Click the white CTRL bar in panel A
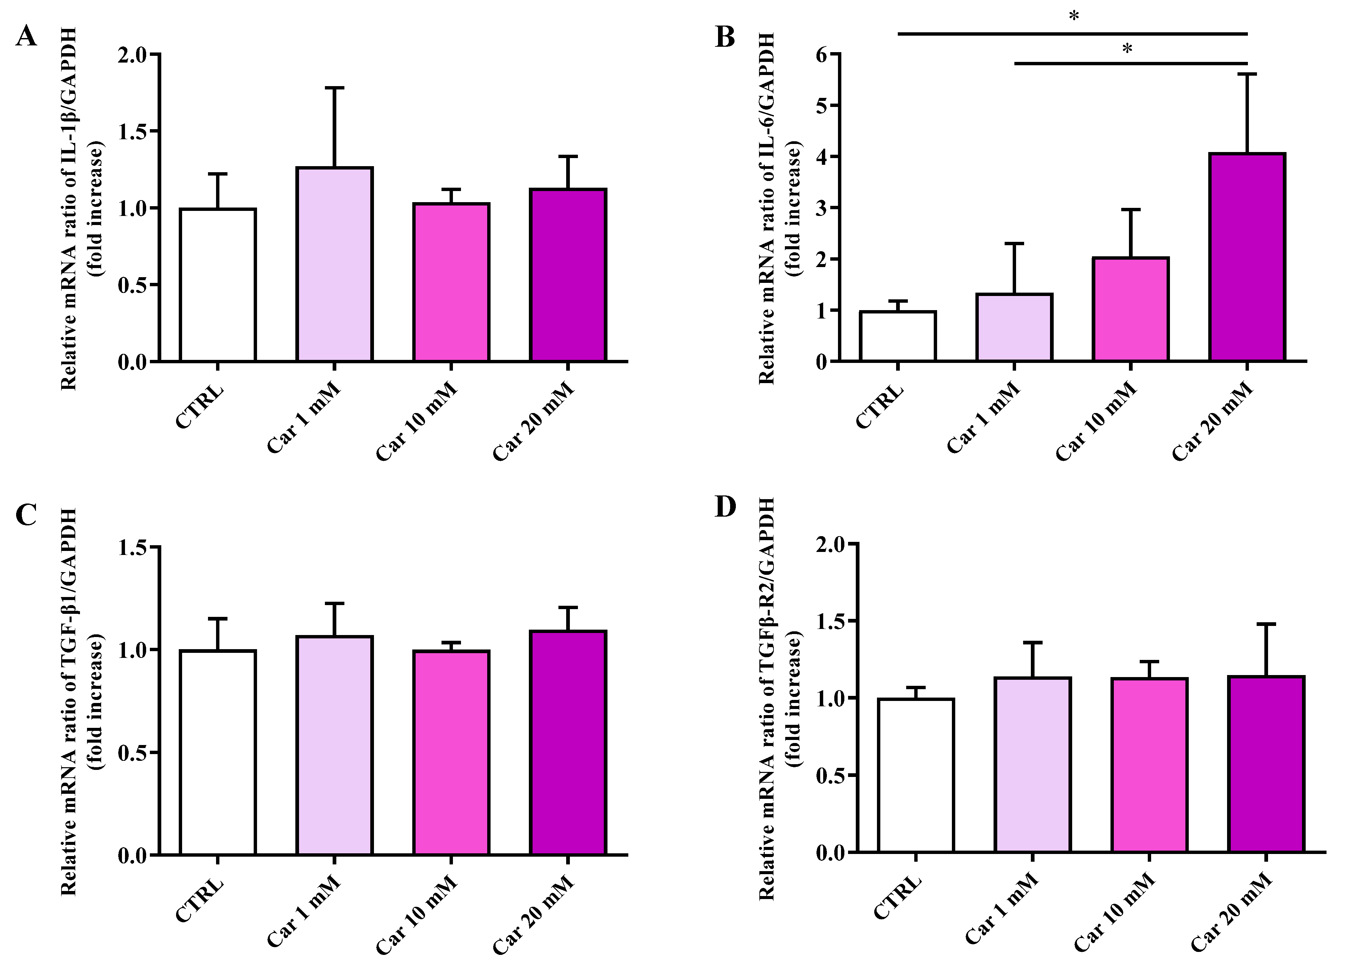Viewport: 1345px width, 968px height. coord(218,285)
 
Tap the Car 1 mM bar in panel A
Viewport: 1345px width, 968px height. coord(334,264)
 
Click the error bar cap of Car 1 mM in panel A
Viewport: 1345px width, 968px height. coord(334,88)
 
